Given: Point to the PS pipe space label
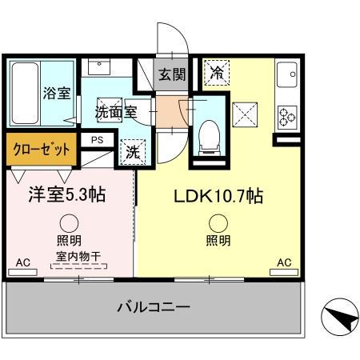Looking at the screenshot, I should [97, 141].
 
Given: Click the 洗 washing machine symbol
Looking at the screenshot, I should [129, 149].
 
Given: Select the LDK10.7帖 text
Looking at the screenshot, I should [214, 196].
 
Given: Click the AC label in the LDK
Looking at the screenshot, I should [282, 262].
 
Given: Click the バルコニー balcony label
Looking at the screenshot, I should [152, 306].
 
